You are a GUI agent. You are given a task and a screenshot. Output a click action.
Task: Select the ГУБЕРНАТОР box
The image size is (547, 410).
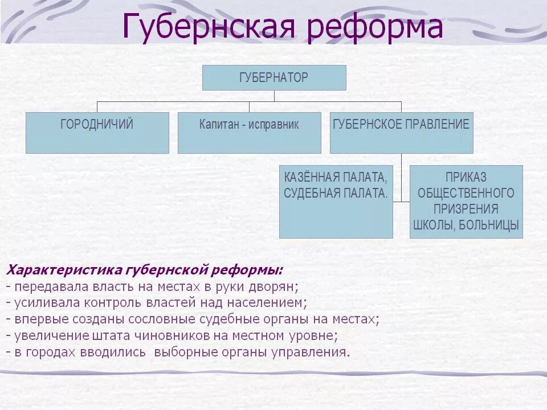pos(274,77)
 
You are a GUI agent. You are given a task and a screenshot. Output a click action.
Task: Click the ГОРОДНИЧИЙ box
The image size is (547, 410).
pos(97,133)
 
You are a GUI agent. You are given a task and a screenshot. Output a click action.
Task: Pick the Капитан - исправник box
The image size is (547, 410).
pos(249,133)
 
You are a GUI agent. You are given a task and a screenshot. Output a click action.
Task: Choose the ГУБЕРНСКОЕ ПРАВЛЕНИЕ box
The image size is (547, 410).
pos(401,133)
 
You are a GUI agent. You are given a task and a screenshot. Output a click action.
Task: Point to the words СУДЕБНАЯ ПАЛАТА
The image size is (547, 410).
pos(336,193)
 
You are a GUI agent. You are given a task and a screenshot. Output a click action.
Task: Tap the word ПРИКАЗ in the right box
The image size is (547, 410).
pos(466,177)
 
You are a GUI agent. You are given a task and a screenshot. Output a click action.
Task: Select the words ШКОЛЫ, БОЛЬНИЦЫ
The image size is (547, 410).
pos(466,225)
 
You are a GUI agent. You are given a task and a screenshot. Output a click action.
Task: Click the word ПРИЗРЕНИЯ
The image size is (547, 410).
pos(466,209)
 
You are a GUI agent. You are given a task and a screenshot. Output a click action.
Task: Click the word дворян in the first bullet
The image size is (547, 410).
pos(273,286)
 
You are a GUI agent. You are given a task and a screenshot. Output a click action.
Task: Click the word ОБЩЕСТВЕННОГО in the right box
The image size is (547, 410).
pos(466,193)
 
